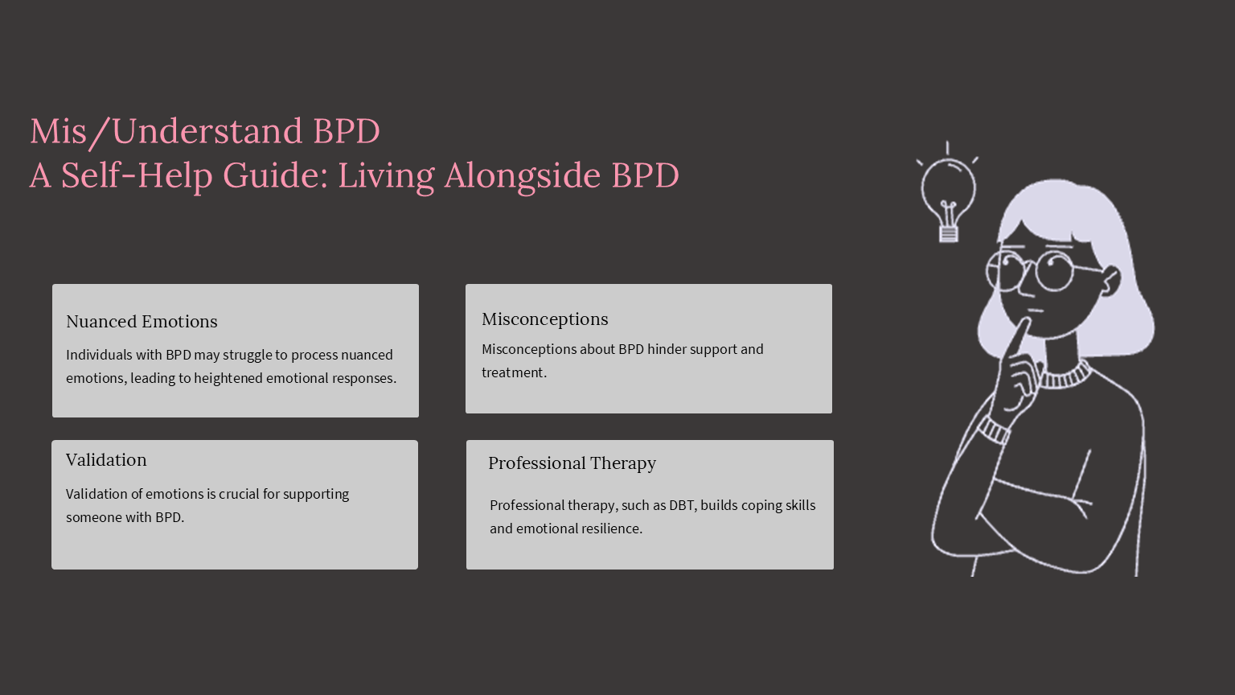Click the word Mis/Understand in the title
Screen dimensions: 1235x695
point(166,131)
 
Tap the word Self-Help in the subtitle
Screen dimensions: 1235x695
point(137,175)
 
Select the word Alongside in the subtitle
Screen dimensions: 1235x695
point(523,176)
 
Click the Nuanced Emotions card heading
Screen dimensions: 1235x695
point(142,321)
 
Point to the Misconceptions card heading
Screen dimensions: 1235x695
point(544,319)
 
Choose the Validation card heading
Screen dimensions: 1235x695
point(106,459)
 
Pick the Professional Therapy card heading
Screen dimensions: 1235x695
point(572,463)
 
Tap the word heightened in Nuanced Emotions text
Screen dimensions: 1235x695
point(228,378)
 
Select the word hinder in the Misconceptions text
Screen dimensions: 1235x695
point(667,349)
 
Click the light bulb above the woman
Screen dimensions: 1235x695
point(948,192)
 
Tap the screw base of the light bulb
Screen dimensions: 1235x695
point(948,234)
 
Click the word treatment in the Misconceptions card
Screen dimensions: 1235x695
point(514,373)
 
